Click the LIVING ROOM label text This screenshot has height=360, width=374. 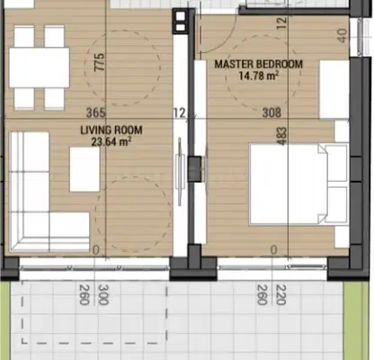pos(111,130)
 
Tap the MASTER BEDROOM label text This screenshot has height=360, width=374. pos(259,64)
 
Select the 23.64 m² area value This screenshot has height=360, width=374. pos(111,141)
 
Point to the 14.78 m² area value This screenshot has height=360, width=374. pos(259,76)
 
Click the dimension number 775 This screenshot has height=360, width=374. pos(100,62)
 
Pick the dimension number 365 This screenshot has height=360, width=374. pos(96,112)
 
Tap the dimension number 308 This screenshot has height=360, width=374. pos(272,112)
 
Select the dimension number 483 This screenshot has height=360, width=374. pos(282,136)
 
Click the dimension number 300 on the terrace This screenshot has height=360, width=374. pos(103,295)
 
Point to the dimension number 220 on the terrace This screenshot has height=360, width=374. pos(280,295)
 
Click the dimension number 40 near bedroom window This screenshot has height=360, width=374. pos(343,35)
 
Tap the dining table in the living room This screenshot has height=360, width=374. pos(40,67)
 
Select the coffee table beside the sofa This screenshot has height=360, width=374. pos(85,169)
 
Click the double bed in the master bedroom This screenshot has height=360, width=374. pos(298,184)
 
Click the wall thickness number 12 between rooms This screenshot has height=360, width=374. pos(179,112)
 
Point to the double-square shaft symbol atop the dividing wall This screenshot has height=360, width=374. pos(181,22)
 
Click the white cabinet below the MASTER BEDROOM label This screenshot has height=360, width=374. pos(334,89)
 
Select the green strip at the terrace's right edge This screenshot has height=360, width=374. pos(356,320)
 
